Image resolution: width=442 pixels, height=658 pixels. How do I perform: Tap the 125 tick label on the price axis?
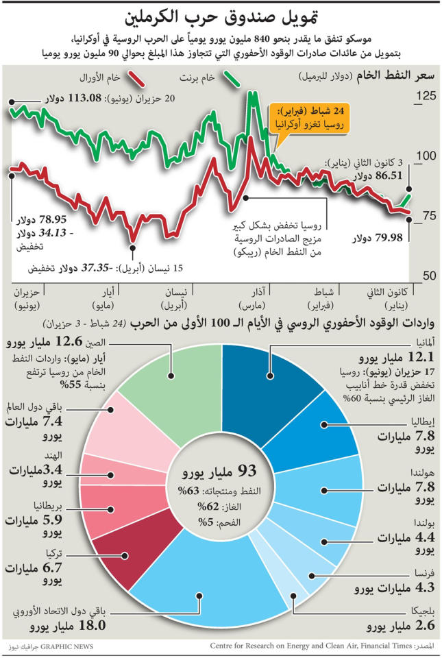pyautogui.click(x=426, y=96)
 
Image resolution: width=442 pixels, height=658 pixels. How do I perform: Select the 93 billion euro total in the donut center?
pyautogui.click(x=221, y=471)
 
